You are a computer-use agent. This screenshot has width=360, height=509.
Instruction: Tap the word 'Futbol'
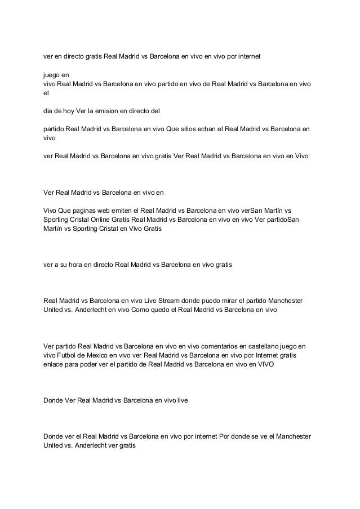(69, 355)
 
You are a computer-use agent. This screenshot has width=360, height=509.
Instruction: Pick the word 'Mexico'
(102, 355)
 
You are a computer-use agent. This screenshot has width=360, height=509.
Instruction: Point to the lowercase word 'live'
(183, 400)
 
